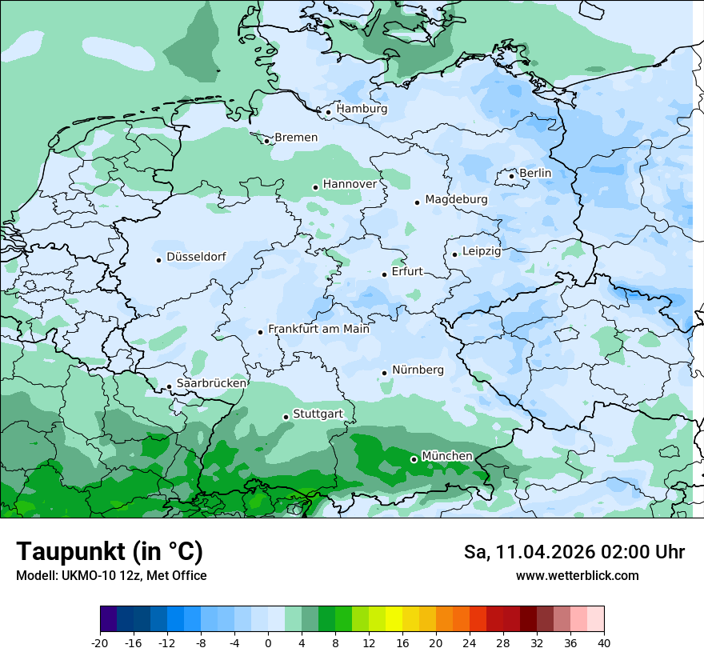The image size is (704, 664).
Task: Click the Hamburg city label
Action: coord(362,109)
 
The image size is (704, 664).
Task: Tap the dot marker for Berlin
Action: coord(512,176)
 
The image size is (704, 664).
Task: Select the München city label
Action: coord(447,456)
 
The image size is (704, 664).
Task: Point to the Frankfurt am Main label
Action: coord(318,329)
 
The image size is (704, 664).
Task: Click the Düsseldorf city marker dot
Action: coord(159,260)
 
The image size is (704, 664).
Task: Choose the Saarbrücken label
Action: coord(211,383)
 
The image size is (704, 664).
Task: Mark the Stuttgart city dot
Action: coord(286,417)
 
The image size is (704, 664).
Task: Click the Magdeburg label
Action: coord(456,199)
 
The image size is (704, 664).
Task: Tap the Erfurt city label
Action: coord(407,272)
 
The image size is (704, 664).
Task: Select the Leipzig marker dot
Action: coord(454,254)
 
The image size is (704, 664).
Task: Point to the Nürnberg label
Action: coord(418,370)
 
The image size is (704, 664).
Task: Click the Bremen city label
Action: coord(296,138)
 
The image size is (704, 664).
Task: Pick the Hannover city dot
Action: coord(315,187)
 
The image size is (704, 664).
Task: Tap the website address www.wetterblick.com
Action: coord(577,575)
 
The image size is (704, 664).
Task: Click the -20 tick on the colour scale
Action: coord(100,642)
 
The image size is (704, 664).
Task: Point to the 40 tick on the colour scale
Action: coord(604,642)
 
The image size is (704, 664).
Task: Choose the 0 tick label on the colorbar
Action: coord(268,642)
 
